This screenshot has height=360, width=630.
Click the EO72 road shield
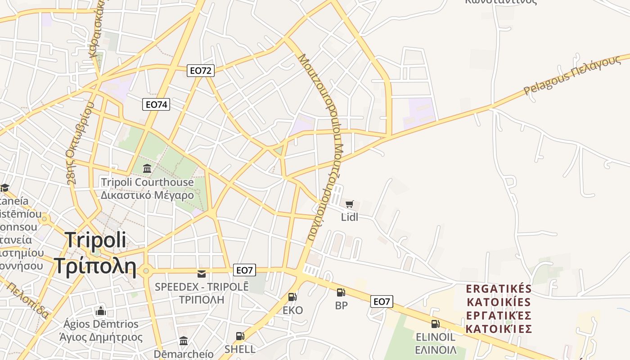201,70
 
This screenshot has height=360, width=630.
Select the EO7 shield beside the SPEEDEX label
244,270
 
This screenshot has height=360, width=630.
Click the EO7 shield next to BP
382,301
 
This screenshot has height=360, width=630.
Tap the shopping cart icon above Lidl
350,204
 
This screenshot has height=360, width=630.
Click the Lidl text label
350,217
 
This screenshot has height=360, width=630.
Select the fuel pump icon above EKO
292,297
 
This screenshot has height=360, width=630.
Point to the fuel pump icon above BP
341,292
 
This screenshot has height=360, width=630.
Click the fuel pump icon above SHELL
240,336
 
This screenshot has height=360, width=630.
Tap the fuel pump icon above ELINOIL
435,324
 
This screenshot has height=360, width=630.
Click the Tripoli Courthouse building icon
147,169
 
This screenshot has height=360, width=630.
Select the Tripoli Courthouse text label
147,182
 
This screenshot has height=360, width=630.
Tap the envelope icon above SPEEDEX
202,274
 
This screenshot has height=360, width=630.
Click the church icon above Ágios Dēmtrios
100,311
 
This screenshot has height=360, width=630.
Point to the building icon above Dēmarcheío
184,341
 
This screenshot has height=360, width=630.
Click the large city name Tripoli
95,240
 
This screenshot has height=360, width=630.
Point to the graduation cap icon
4,187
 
